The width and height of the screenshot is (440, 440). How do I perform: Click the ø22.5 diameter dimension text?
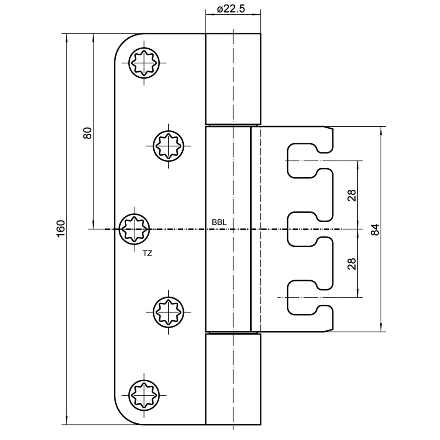coord(231,9)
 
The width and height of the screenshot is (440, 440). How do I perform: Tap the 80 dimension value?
coord(88,133)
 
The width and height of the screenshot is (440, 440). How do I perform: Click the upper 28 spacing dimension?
coord(352,195)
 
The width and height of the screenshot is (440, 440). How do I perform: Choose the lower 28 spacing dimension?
coord(352,264)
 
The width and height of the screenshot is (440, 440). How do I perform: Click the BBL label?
coord(219,222)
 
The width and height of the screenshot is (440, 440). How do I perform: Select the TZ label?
coord(147,253)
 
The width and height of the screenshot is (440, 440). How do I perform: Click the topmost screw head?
coord(144,63)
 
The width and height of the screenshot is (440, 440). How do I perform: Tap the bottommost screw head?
coord(144,395)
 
